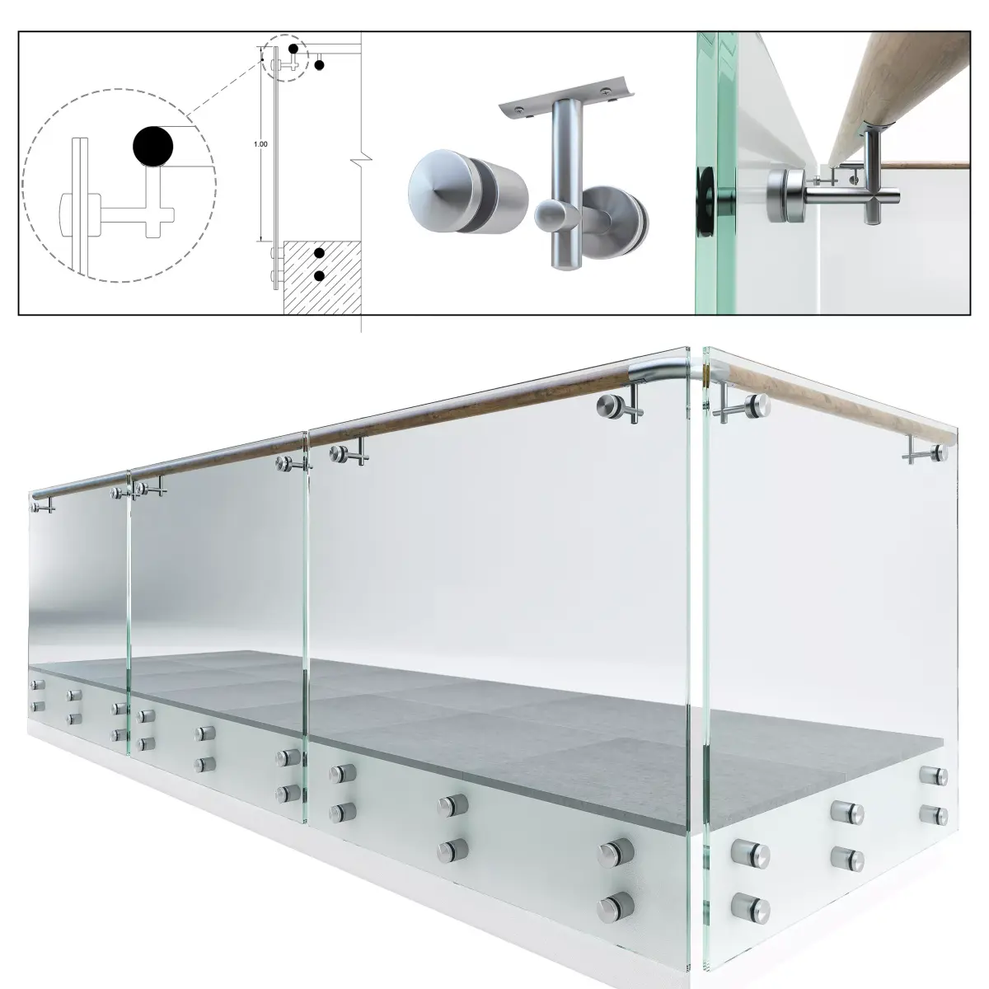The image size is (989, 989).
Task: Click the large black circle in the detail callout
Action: [x=153, y=147]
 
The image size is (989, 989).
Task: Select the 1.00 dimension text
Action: [x=260, y=144]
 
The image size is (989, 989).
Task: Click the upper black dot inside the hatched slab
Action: [x=319, y=254]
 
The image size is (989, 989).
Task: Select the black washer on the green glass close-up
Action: [x=705, y=191]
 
